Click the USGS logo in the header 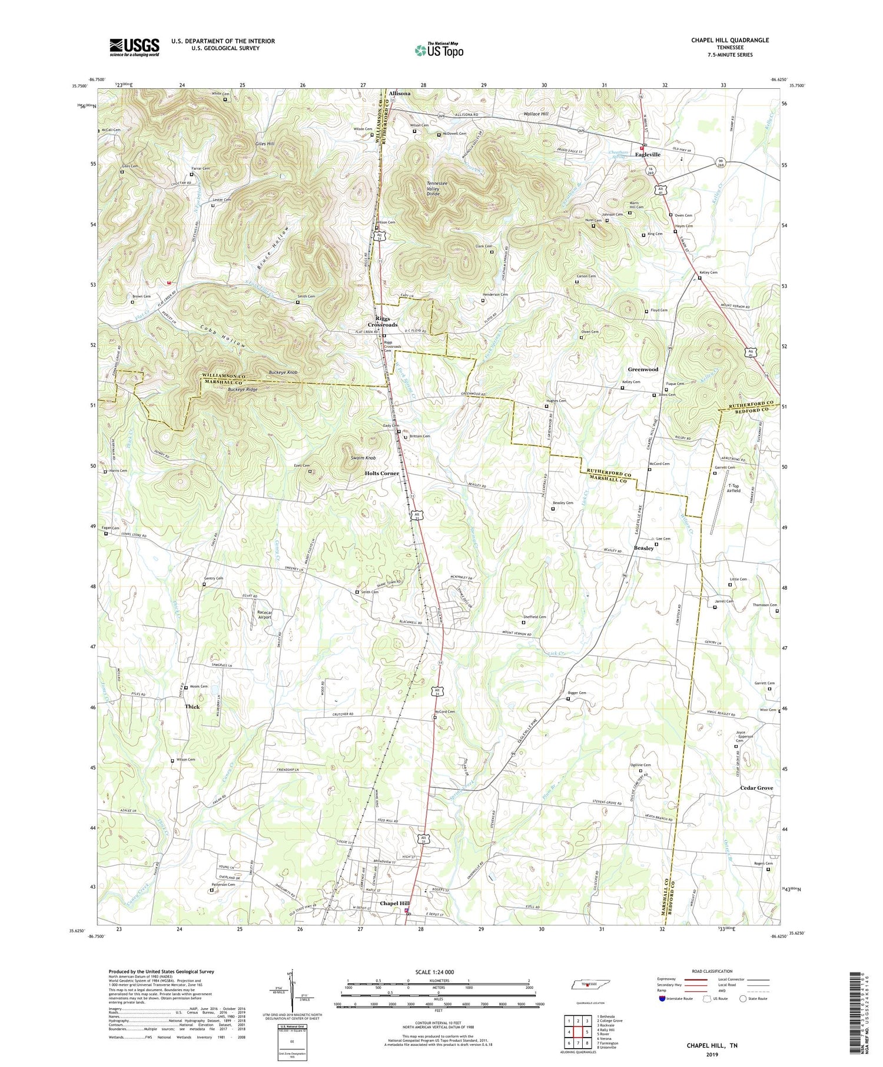[x=134, y=47]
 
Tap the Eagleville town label [x=647, y=154]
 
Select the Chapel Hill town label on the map [x=394, y=903]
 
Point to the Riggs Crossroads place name [x=383, y=321]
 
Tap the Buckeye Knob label [x=283, y=373]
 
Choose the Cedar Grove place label [x=756, y=787]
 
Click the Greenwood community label [x=643, y=369]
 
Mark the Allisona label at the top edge [x=399, y=93]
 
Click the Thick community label [x=192, y=706]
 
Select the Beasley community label [x=643, y=548]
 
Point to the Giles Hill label [x=265, y=144]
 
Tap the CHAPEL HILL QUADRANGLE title [x=730, y=40]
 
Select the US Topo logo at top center [x=439, y=50]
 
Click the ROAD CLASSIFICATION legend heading [x=712, y=972]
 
